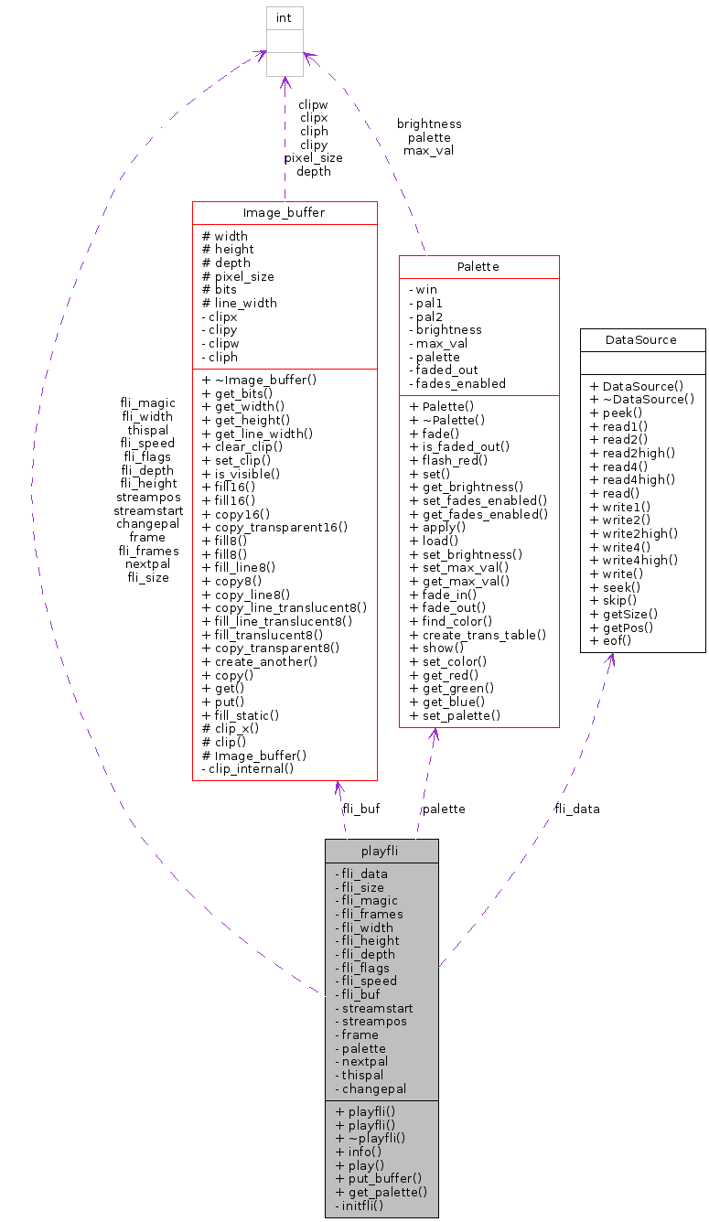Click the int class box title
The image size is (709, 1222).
(284, 18)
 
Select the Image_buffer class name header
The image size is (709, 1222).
(285, 213)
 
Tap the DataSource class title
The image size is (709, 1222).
(642, 339)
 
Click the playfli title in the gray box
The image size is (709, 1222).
(381, 851)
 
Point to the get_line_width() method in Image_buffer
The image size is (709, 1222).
(257, 433)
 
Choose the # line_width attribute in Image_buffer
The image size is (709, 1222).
(239, 303)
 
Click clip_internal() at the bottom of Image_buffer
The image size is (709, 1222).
(248, 769)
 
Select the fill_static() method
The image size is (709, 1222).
(241, 715)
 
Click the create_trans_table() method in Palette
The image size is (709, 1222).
(478, 634)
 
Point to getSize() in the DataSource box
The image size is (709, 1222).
(624, 613)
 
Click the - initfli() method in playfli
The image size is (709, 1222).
(359, 1206)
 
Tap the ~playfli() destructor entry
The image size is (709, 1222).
(371, 1138)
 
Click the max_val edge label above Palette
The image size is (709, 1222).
(428, 151)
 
